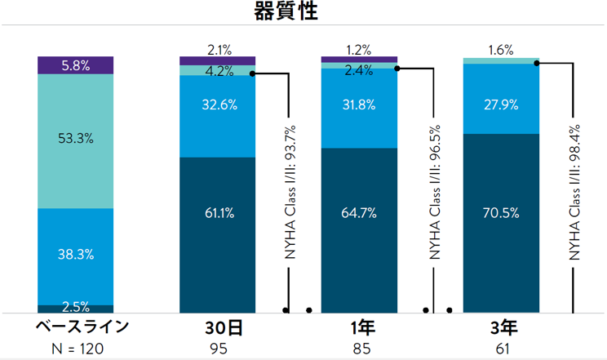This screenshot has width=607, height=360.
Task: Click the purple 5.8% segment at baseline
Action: [x=76, y=65]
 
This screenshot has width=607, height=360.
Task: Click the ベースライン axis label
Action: [x=82, y=328]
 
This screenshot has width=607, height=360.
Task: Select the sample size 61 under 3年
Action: [x=501, y=349]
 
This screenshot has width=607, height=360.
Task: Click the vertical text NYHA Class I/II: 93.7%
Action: [x=290, y=193]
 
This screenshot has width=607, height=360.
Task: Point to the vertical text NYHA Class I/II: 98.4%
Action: [x=574, y=193]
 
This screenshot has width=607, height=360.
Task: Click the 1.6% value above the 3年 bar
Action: [x=501, y=50]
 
